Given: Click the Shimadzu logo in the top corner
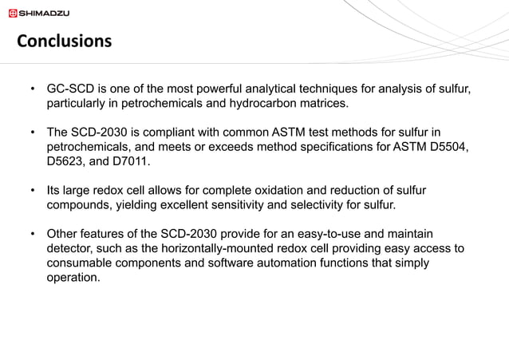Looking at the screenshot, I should pos(39,12).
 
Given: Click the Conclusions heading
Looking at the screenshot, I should pos(65,40).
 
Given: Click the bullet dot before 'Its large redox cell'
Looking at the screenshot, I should pos(32,191).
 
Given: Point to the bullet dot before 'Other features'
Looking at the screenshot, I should pos(32,234).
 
